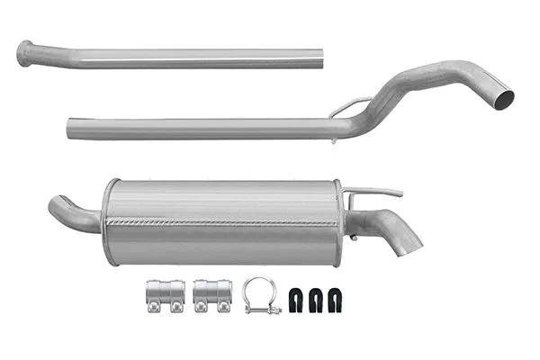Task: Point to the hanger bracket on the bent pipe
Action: [x=349, y=107]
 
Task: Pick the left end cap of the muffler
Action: [x=111, y=221]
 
